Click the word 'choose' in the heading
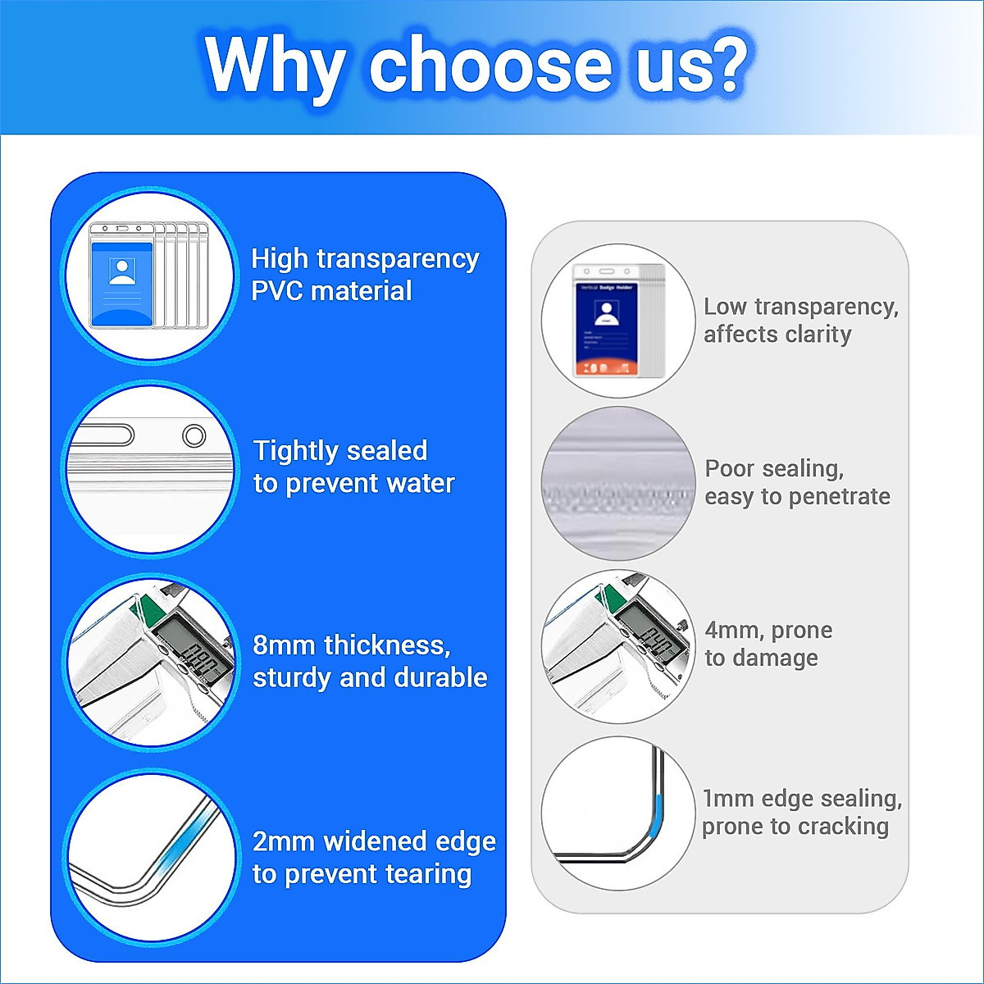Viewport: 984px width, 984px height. pyautogui.click(x=490, y=66)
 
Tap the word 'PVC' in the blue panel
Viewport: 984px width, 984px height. pyautogui.click(x=277, y=291)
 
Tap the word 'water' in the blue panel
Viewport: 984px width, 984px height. pyautogui.click(x=421, y=483)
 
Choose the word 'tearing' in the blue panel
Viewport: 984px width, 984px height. pyautogui.click(x=428, y=874)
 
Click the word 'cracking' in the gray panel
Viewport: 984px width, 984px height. pyautogui.click(x=845, y=827)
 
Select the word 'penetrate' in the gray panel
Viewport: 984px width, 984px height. pyautogui.click(x=840, y=497)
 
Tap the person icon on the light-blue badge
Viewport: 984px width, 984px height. pyautogui.click(x=122, y=271)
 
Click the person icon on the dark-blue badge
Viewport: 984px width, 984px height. pyautogui.click(x=607, y=313)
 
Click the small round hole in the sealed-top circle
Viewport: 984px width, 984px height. pyautogui.click(x=194, y=436)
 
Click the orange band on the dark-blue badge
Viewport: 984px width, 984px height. pyautogui.click(x=607, y=367)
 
